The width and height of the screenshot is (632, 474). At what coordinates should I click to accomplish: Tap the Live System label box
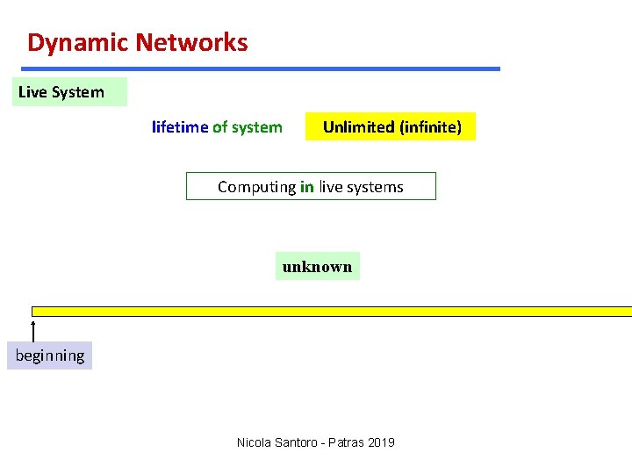click(x=68, y=92)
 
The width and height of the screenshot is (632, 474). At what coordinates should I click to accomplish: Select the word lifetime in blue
click(x=180, y=127)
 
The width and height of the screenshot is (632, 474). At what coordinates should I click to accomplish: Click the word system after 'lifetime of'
click(x=257, y=127)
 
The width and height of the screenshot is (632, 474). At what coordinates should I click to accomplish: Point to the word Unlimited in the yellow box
click(x=358, y=127)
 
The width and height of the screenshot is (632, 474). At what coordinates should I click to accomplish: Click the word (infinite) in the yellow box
click(x=430, y=127)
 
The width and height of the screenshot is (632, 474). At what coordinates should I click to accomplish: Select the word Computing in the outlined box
click(x=256, y=187)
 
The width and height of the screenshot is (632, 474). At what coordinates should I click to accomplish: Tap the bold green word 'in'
click(x=307, y=187)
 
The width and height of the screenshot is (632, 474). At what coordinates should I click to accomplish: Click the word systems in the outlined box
click(x=375, y=187)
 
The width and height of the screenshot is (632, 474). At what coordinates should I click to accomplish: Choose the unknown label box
click(x=317, y=267)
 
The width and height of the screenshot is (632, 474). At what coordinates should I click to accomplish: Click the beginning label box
click(x=50, y=355)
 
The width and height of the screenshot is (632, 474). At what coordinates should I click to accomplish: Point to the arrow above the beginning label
click(x=33, y=331)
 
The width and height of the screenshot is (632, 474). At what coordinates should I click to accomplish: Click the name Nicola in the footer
click(x=254, y=442)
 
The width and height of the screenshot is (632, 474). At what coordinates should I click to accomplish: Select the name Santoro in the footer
click(x=298, y=442)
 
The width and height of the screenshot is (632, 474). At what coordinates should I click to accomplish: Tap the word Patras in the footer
click(x=349, y=442)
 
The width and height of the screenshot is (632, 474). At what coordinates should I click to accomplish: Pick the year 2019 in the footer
click(x=383, y=442)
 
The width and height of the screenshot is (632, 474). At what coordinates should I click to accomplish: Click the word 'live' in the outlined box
click(x=330, y=187)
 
